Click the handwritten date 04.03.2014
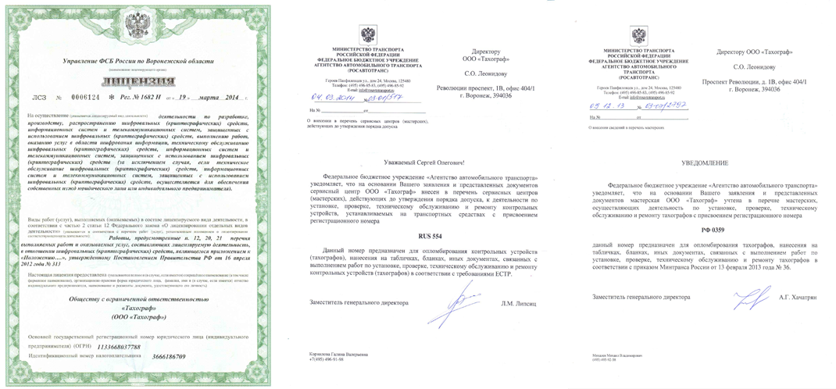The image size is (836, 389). pos(334,98)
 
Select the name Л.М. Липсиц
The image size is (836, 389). pos(519,303)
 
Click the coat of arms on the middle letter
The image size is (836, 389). pos(367,35)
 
